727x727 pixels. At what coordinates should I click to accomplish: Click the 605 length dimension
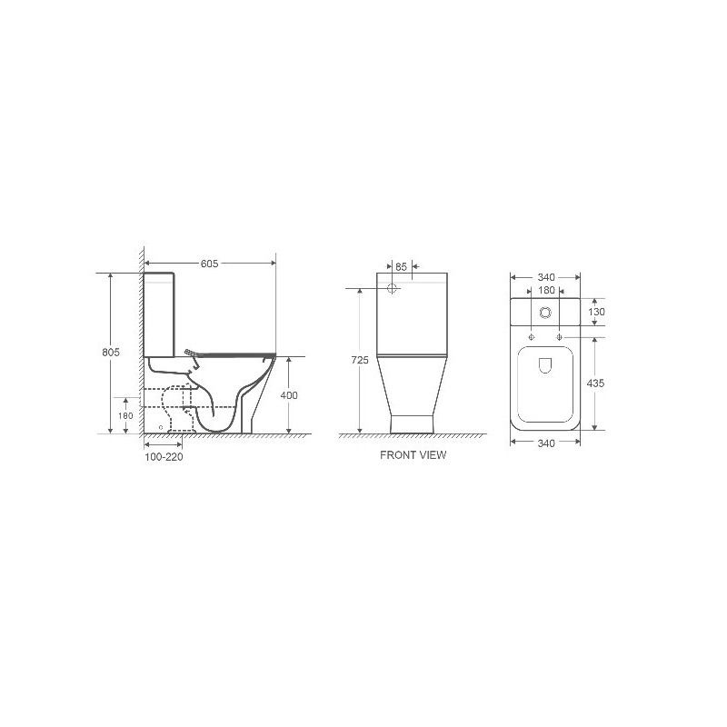click(209, 264)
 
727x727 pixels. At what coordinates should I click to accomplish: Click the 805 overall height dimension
click(111, 353)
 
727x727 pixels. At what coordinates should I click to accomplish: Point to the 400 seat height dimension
click(289, 395)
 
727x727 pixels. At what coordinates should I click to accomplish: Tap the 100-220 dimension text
click(164, 457)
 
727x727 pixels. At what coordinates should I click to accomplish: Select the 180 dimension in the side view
click(125, 416)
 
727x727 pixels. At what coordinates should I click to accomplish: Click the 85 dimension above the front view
click(401, 266)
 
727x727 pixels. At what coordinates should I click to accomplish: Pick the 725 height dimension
click(360, 360)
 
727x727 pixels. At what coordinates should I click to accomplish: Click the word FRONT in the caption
click(396, 455)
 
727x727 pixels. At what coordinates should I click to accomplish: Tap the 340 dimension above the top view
click(546, 277)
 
